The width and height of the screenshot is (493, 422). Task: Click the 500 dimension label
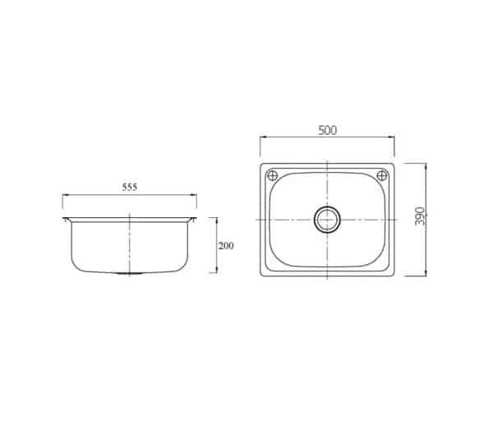click(327, 130)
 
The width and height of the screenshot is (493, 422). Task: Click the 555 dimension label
click(130, 188)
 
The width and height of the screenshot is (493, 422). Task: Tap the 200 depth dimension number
click(226, 245)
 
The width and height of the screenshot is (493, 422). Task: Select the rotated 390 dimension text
click(420, 216)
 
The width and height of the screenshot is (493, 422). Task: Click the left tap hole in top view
click(272, 175)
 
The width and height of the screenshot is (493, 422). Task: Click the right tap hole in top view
click(382, 175)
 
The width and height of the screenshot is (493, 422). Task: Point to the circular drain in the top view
click(327, 220)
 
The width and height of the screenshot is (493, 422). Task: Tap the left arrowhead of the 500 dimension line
click(263, 137)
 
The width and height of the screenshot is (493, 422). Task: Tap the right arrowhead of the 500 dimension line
click(391, 137)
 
